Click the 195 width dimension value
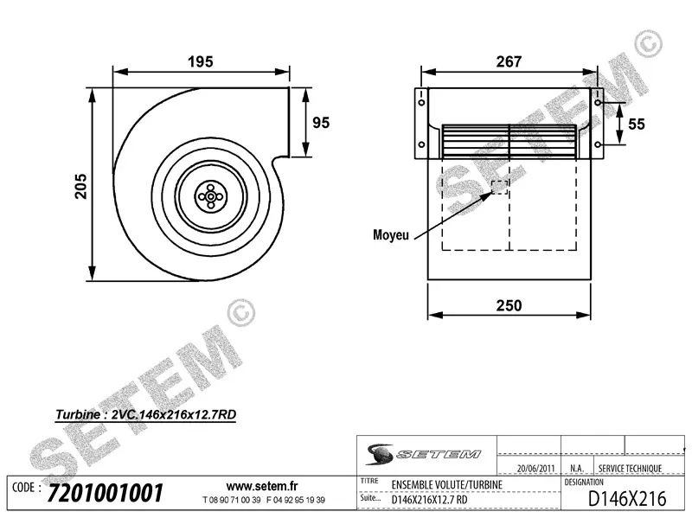200,61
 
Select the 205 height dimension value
80,184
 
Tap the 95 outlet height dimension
321,123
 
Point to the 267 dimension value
509,61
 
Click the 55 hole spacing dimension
637,124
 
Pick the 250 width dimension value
509,305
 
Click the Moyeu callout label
391,234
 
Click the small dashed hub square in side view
500,188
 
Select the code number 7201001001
106,494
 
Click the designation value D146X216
626,498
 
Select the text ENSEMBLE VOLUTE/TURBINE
446,485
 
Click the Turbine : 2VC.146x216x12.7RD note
145,414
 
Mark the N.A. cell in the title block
577,469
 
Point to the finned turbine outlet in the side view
509,140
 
